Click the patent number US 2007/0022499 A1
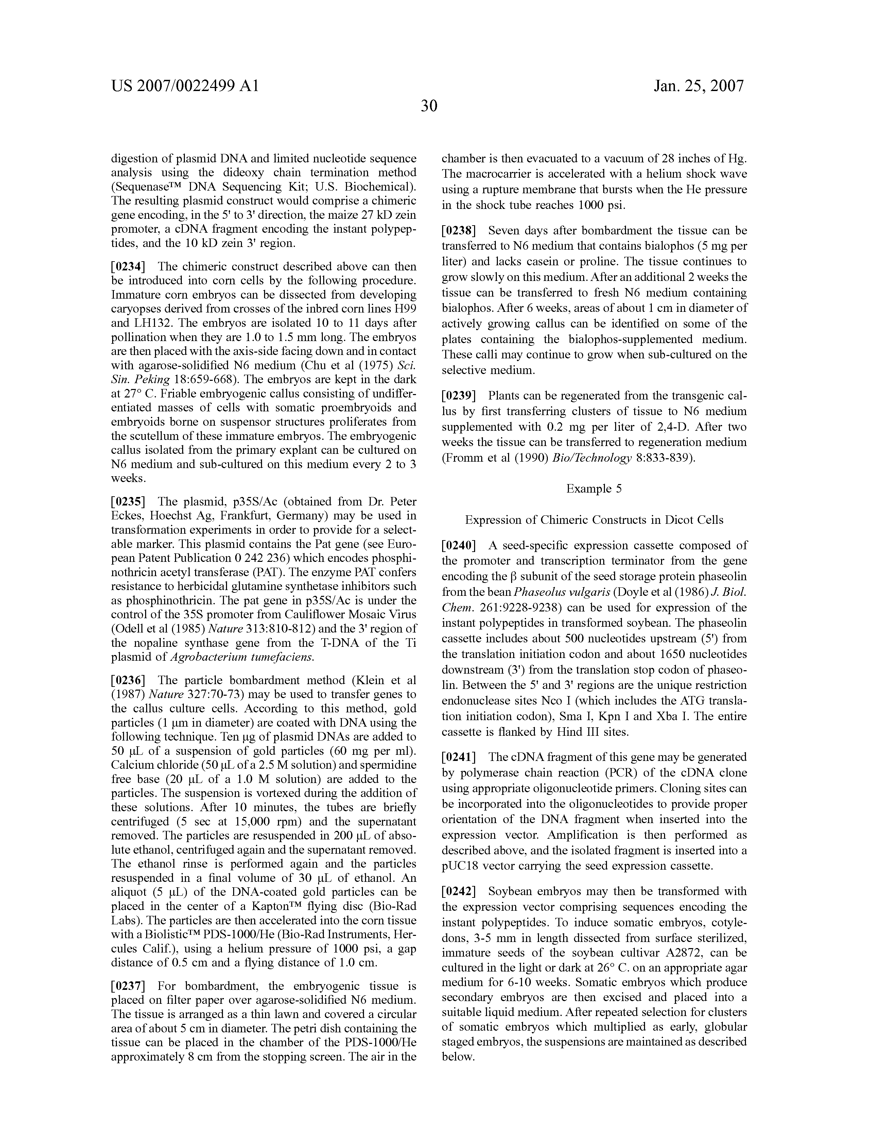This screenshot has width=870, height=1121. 185,86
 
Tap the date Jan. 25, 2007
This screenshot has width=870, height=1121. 698,86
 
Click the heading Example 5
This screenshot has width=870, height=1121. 594,488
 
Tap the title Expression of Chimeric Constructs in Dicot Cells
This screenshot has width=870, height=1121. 594,520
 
